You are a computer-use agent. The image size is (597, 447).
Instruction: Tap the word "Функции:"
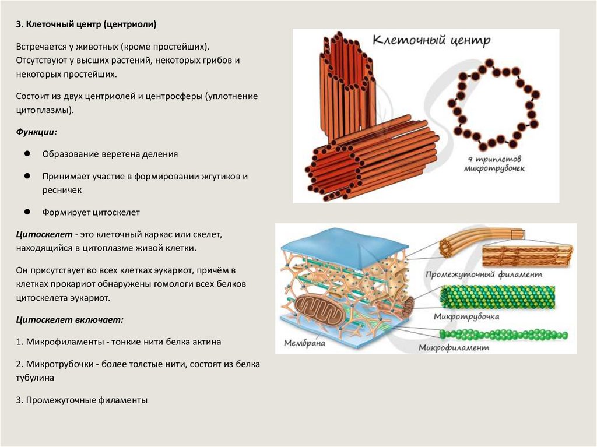coord(36,132)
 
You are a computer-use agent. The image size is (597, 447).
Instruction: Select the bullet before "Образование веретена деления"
coord(27,154)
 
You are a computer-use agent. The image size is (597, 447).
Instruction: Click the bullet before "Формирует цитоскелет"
coord(27,212)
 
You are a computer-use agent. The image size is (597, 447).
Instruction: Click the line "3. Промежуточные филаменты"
coord(82,400)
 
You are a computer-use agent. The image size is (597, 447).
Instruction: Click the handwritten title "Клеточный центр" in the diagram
coord(431,41)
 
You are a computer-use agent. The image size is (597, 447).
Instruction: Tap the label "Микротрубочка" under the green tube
coord(466,316)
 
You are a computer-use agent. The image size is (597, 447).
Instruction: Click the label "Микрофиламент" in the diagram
coord(453,348)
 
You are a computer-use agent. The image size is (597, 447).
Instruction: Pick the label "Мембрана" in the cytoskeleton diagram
coord(304,343)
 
